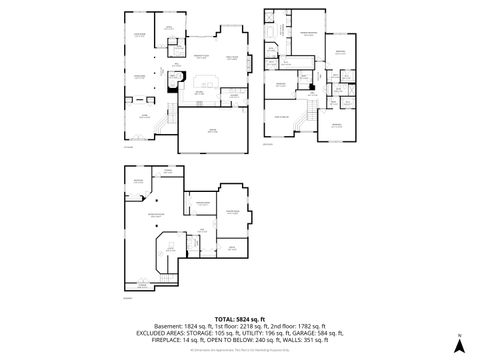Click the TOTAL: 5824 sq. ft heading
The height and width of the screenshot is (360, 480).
pos(239,317)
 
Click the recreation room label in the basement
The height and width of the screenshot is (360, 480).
pos(155,216)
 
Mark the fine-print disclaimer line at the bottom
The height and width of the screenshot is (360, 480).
pos(239,350)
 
